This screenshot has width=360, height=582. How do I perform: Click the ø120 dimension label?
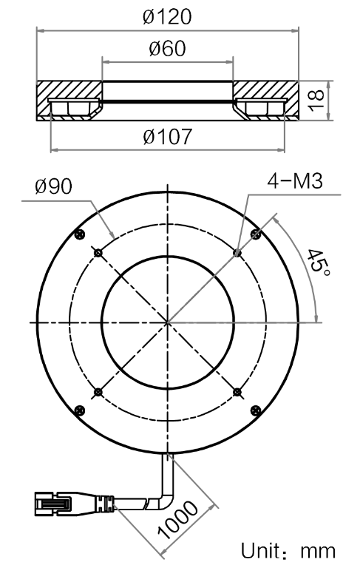167,17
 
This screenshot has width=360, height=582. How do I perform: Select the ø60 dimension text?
167,49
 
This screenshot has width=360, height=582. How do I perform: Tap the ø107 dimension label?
168,137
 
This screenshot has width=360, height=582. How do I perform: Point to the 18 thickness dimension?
316,101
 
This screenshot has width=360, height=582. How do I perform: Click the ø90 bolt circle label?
54,186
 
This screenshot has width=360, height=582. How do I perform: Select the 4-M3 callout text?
295,181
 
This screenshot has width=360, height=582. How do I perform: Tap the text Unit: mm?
288,551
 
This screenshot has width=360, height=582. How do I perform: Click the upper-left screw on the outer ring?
80,234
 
